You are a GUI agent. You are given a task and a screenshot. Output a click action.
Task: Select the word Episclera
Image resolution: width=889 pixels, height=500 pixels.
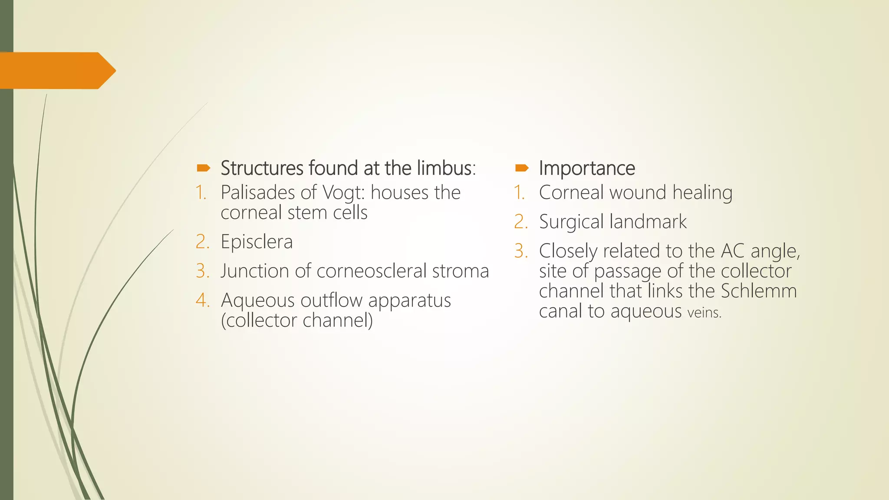coord(257,242)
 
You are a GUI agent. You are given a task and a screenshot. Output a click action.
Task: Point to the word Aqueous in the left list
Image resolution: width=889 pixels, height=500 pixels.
coord(254,301)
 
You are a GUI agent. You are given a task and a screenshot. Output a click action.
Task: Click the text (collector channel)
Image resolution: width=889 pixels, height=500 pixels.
coord(296,320)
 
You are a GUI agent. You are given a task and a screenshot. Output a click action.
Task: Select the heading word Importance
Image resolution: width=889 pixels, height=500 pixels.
coord(587,168)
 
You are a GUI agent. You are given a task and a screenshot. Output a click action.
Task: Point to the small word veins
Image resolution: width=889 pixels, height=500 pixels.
coord(704,312)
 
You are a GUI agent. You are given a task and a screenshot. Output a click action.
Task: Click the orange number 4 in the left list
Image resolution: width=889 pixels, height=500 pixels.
coord(202,300)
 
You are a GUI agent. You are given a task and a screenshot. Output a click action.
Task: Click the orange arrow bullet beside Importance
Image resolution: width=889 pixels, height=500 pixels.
coord(522,168)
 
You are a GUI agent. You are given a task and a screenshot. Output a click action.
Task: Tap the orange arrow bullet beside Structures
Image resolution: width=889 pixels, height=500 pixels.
coord(204,168)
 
